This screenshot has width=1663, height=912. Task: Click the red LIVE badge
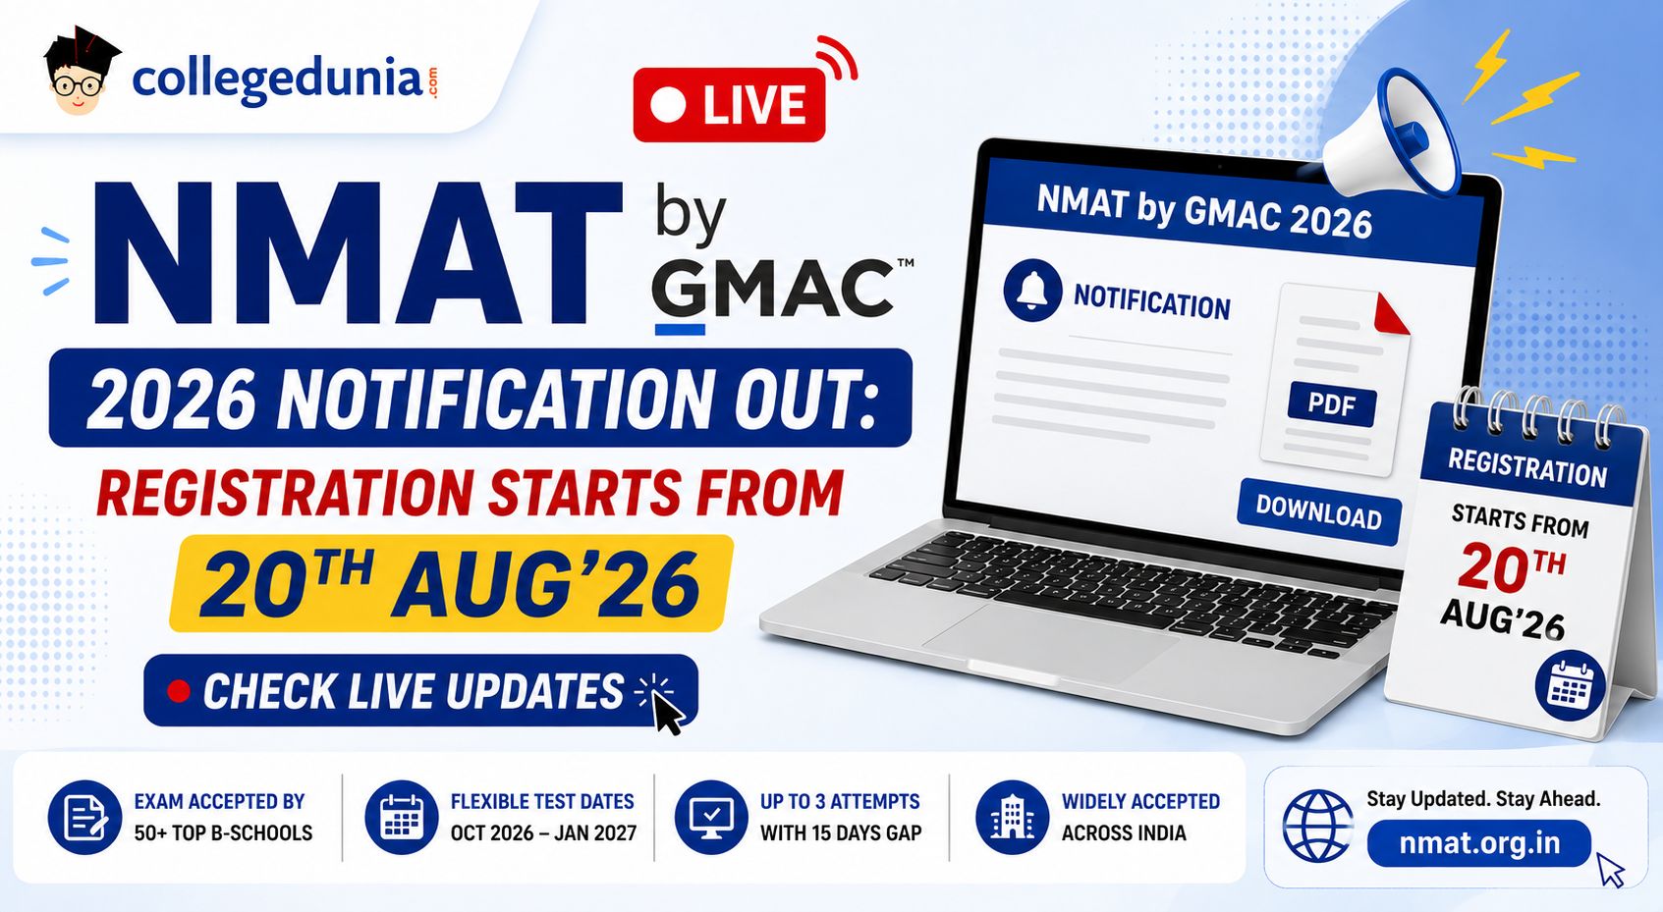(x=729, y=105)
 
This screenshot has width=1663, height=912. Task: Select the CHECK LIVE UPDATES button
(x=421, y=691)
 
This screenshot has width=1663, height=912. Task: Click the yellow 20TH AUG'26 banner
(x=451, y=583)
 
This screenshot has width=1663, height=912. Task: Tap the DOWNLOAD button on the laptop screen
(x=1318, y=512)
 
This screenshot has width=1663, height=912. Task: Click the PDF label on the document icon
(x=1332, y=405)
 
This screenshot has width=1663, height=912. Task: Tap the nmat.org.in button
(x=1479, y=843)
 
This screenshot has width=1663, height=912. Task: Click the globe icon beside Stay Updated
(x=1318, y=826)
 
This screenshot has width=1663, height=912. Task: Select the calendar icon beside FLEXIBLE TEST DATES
(x=402, y=817)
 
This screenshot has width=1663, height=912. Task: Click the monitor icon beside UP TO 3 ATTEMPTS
(x=710, y=817)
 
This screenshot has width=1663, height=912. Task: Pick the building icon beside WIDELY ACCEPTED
(x=1012, y=817)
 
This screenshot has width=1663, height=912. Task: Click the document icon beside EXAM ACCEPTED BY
(x=84, y=817)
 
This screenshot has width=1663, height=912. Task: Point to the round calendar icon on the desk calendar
(x=1570, y=685)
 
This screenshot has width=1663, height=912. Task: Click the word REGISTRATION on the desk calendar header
(x=1526, y=467)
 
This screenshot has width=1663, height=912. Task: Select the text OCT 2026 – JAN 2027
(x=543, y=833)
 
